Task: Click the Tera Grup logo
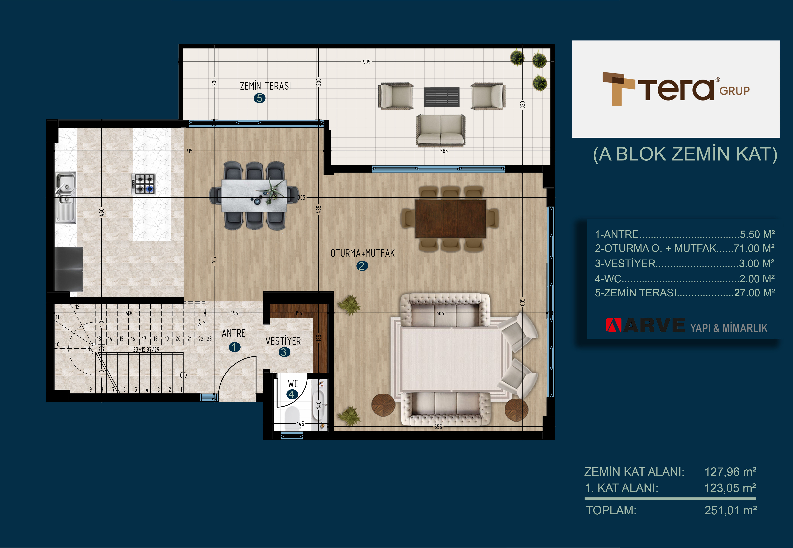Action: point(676,89)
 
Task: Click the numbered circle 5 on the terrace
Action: point(259,98)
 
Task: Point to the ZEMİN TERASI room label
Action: point(266,86)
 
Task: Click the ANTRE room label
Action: point(234,333)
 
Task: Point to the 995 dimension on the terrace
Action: point(367,62)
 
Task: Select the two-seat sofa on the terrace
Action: point(441,130)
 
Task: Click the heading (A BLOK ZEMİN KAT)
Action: point(685,154)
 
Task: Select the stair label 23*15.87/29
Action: point(146,350)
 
